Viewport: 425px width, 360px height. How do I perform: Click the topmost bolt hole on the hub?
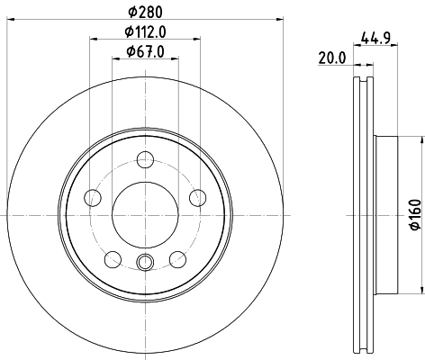tap(144, 161)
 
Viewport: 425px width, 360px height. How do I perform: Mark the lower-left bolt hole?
tap(112, 260)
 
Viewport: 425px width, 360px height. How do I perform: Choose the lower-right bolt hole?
tap(176, 260)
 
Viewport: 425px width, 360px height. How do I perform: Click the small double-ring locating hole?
tap(144, 263)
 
